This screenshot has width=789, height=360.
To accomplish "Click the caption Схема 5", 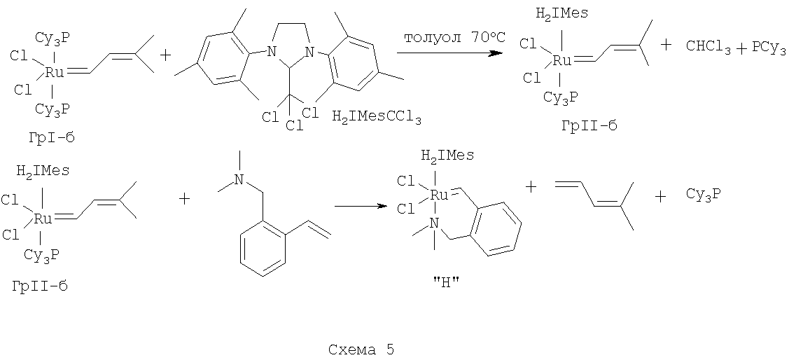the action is (x=361, y=349).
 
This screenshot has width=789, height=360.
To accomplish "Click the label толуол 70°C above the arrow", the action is (x=450, y=39).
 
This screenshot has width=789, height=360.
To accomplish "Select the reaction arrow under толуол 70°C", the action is (x=450, y=53).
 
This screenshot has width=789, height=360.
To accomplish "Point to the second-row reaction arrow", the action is (x=361, y=206).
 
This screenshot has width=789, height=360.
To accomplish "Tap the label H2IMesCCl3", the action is (x=377, y=119).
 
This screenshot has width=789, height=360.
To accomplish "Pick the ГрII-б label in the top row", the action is (x=589, y=126).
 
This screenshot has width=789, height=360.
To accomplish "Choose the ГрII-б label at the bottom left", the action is (x=40, y=286).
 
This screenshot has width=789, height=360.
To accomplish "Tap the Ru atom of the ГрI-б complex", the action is (x=54, y=73).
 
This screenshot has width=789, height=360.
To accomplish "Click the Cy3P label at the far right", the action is (x=704, y=195).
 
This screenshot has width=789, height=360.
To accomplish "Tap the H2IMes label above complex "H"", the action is (x=447, y=156).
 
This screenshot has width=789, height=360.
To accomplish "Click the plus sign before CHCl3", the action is (x=666, y=45).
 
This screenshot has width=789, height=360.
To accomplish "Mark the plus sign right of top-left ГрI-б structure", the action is (x=165, y=55).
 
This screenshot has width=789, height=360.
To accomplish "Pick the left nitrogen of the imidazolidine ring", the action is (x=271, y=51).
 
